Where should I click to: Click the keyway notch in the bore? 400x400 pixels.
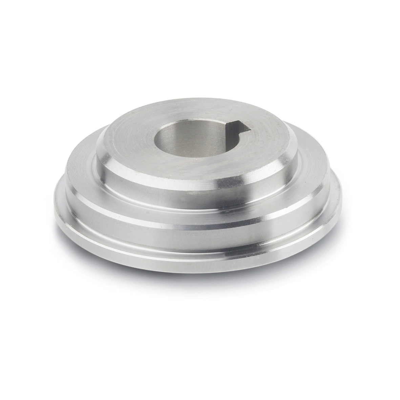pyautogui.click(x=239, y=128)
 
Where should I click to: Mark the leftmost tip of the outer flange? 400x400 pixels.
pyautogui.click(x=54, y=203)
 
